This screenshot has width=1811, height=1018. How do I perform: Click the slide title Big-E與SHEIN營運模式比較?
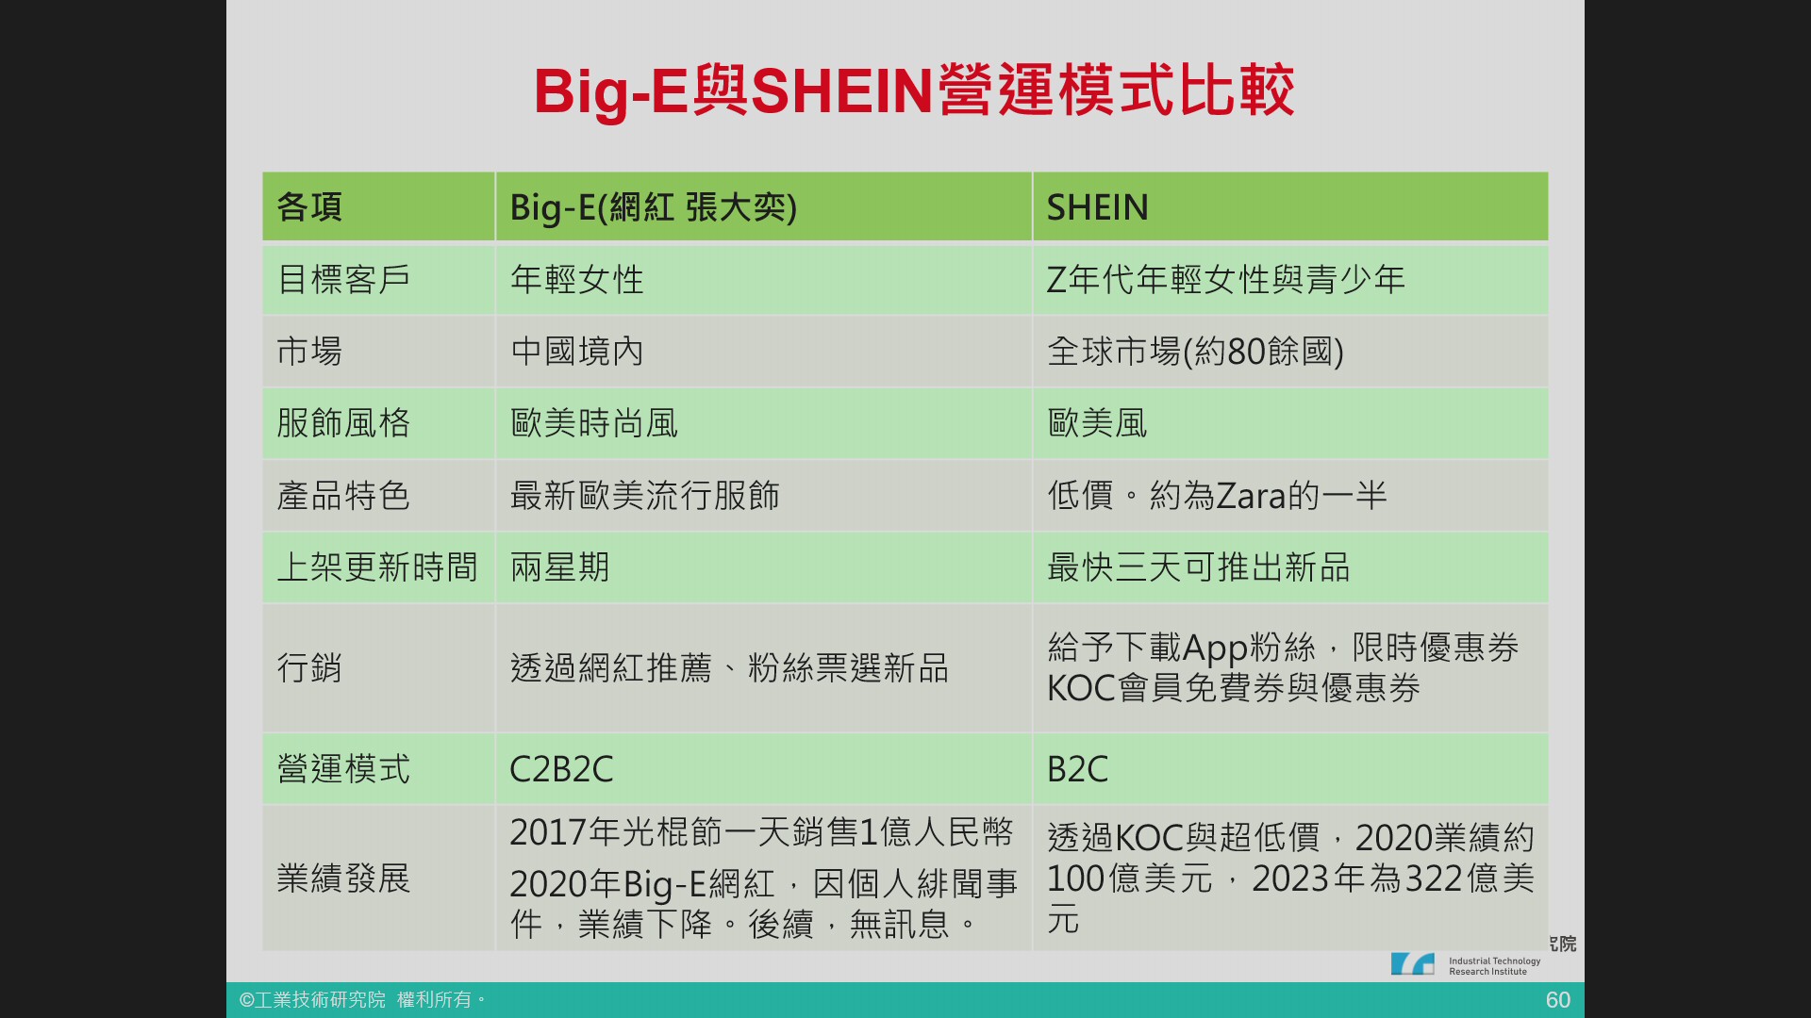click(914, 91)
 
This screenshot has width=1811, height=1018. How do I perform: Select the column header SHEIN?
click(1097, 207)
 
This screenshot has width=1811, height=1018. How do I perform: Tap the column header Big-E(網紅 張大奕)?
click(653, 207)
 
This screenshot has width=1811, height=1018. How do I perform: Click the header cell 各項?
click(309, 207)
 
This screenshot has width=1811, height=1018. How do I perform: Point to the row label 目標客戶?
click(343, 280)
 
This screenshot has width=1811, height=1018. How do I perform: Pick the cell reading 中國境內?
click(576, 352)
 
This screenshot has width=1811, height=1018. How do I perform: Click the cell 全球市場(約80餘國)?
click(1195, 352)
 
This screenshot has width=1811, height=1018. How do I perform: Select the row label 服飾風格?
click(343, 423)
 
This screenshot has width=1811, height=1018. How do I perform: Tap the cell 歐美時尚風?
click(593, 423)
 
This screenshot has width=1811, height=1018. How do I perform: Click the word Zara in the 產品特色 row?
click(1252, 496)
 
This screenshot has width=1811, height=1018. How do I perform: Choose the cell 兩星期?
click(559, 567)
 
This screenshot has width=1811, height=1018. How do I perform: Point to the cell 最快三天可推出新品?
click(1198, 567)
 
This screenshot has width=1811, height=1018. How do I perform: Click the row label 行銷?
click(309, 668)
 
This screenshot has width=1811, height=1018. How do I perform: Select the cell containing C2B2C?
click(561, 769)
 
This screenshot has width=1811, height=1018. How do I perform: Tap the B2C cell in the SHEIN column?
click(1077, 769)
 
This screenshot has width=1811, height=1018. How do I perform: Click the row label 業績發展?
click(343, 878)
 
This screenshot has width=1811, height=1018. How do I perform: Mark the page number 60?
click(1558, 1000)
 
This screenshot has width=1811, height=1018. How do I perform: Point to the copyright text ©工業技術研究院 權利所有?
click(362, 1000)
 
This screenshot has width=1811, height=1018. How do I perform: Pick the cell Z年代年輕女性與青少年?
click(1226, 280)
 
